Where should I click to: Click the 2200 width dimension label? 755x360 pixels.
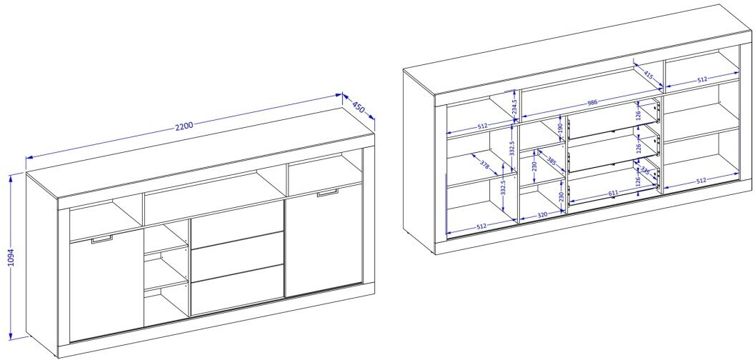(184, 126)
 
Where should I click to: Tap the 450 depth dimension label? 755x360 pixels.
(359, 106)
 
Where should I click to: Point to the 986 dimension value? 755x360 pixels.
(591, 103)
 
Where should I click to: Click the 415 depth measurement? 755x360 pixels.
(648, 75)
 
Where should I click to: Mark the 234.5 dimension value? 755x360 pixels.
(514, 106)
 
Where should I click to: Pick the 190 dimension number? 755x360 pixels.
(561, 128)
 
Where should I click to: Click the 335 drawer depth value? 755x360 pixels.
(645, 171)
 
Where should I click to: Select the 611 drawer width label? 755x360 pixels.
(613, 193)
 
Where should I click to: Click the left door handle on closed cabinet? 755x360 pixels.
(101, 239)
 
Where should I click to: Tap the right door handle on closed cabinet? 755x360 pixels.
(328, 193)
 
